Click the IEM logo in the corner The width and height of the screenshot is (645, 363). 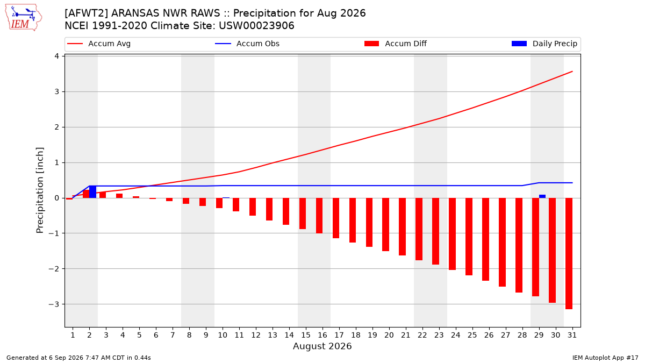click(x=23, y=18)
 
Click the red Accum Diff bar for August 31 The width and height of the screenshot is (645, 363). click(x=569, y=253)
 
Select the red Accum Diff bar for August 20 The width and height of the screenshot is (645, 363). click(x=385, y=224)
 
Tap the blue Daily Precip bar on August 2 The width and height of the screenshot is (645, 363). click(x=92, y=192)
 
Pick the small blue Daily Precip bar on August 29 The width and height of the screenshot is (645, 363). click(x=542, y=196)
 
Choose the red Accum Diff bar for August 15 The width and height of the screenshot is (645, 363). click(x=302, y=213)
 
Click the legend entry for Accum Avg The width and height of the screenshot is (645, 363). click(x=99, y=44)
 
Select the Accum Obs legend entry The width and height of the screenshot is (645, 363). click(x=247, y=44)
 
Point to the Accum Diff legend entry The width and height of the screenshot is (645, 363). click(x=396, y=44)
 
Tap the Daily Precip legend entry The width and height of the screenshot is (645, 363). click(x=544, y=44)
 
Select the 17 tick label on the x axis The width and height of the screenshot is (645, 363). click(x=339, y=335)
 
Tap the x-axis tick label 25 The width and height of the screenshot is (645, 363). click(x=472, y=335)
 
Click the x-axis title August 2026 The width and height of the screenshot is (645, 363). click(x=322, y=346)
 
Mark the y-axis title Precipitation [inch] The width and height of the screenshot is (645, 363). click(x=40, y=190)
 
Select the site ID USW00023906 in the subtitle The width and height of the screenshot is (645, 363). click(x=256, y=26)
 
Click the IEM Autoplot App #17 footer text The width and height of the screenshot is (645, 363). click(x=605, y=358)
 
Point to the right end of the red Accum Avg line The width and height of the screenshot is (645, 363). click(x=572, y=72)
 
